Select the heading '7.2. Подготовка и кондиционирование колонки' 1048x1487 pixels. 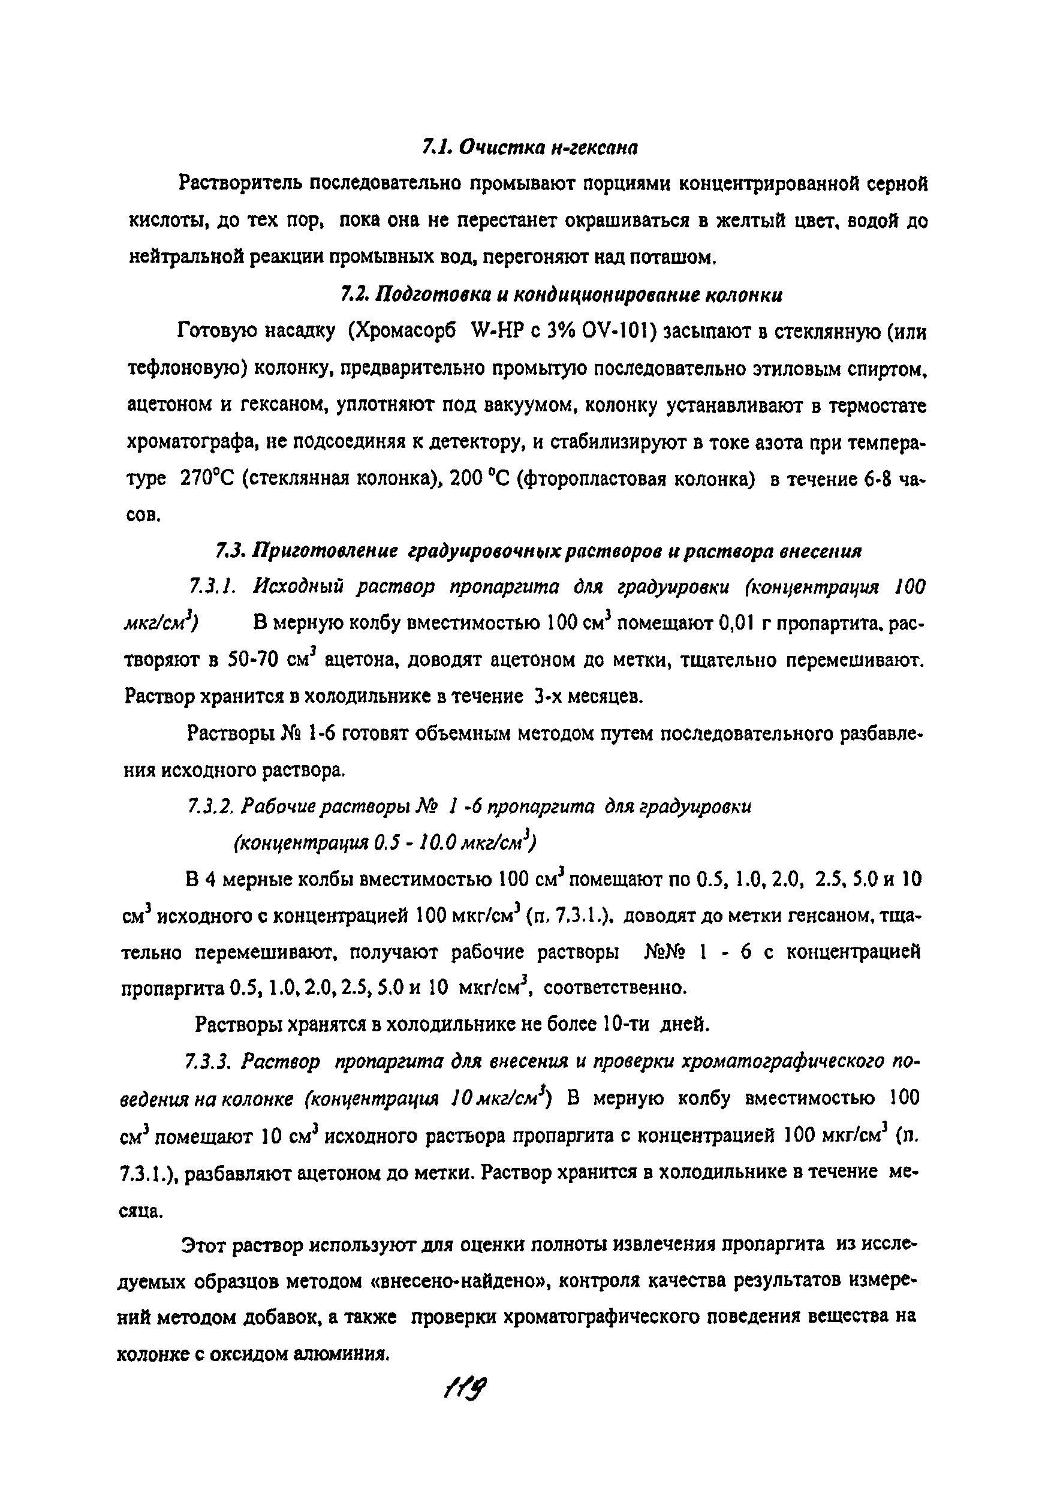point(561,296)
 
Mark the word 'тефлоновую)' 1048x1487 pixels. point(185,369)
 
